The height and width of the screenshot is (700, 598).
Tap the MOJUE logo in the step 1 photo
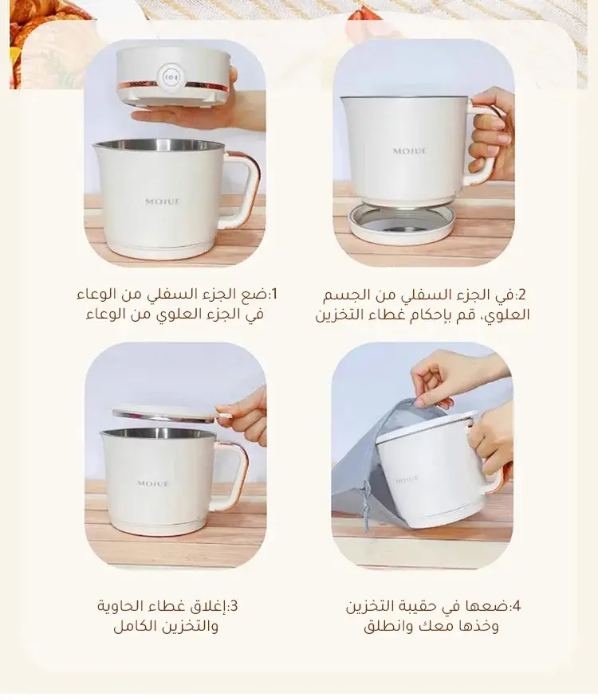coord(163,201)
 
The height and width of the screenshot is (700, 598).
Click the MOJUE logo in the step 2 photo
coord(410,151)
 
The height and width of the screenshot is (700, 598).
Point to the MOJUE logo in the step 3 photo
coord(153,483)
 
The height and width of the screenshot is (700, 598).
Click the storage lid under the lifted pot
coord(402,223)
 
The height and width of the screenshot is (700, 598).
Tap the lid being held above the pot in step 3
coord(171,413)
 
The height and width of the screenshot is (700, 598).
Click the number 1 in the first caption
coord(273,294)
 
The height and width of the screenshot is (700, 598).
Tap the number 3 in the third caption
coord(234,606)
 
